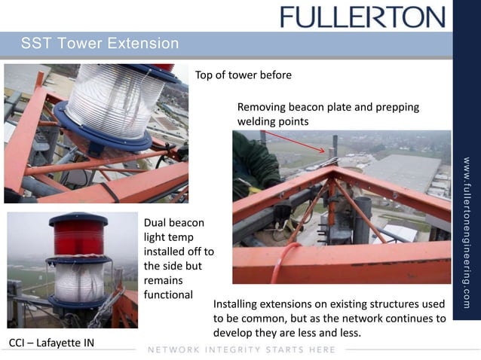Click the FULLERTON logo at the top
(363, 17)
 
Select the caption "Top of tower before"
(243, 75)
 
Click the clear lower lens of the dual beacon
(78, 281)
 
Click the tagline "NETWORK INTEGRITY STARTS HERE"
(242, 349)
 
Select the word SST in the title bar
(35, 43)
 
